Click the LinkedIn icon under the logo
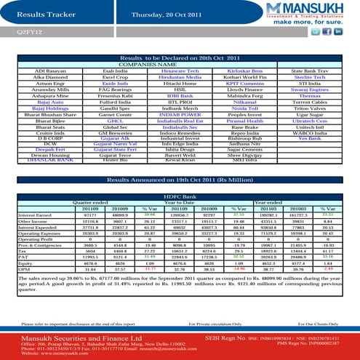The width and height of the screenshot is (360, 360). (338, 32)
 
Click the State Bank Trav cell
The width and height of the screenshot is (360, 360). (311, 71)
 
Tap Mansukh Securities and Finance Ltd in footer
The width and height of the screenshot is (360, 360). (65, 338)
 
